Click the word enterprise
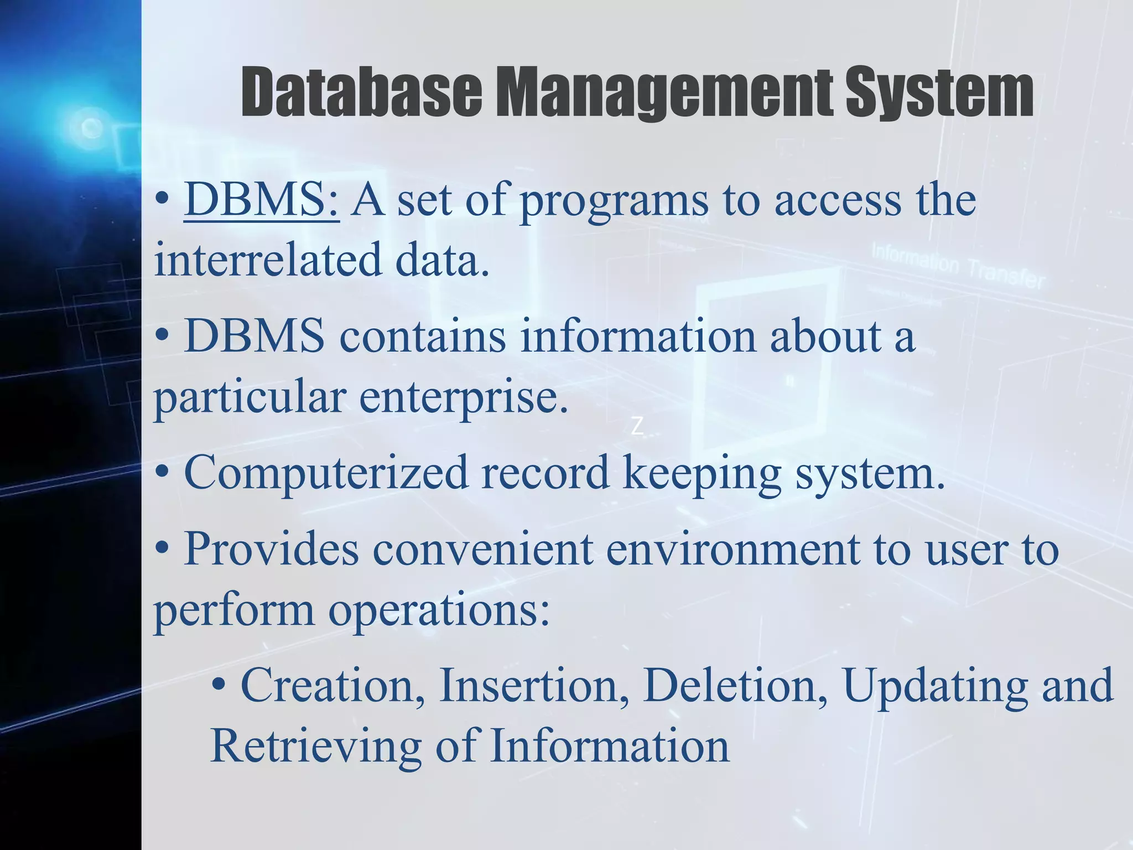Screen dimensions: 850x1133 pos(464,397)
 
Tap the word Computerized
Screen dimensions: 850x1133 pos(326,473)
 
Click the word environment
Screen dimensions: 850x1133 pos(732,549)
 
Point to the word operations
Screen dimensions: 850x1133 pos(439,610)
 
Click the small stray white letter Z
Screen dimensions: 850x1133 pos(637,427)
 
